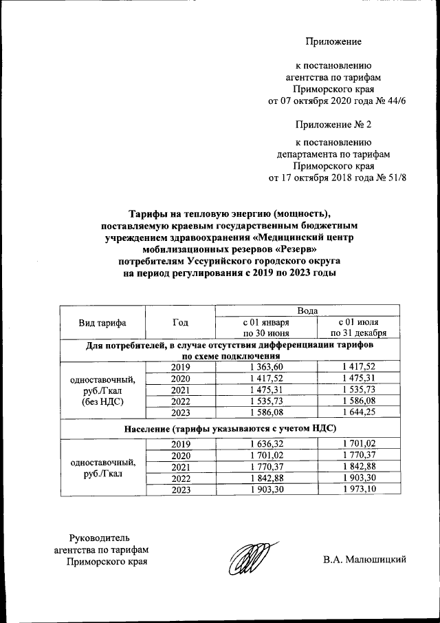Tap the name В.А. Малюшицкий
pyautogui.click(x=365, y=560)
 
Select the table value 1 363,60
pyautogui.click(x=267, y=368)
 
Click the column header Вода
pyautogui.click(x=307, y=311)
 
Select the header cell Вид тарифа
pyautogui.click(x=102, y=322)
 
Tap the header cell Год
pyautogui.click(x=181, y=322)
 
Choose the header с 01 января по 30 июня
pyautogui.click(x=267, y=328)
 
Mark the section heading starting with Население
pyautogui.click(x=230, y=428)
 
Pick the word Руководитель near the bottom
pyautogui.click(x=100, y=537)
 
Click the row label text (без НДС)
pyautogui.click(x=102, y=401)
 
